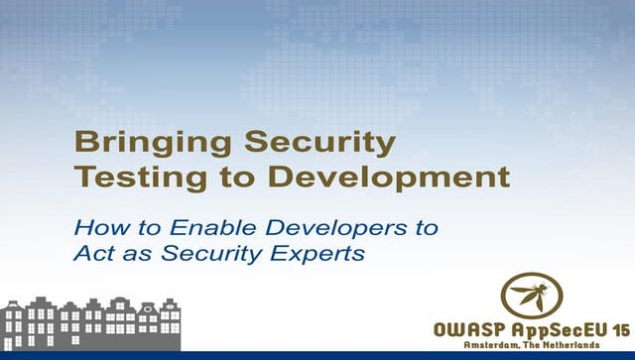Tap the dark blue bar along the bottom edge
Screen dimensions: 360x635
(x=317, y=355)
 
